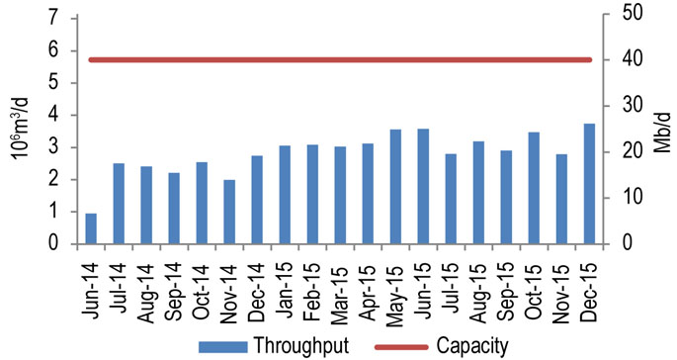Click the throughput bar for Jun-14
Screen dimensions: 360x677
click(91, 228)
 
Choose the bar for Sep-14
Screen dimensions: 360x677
click(174, 209)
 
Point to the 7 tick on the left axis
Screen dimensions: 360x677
click(51, 19)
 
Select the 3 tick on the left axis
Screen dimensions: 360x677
click(51, 147)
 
